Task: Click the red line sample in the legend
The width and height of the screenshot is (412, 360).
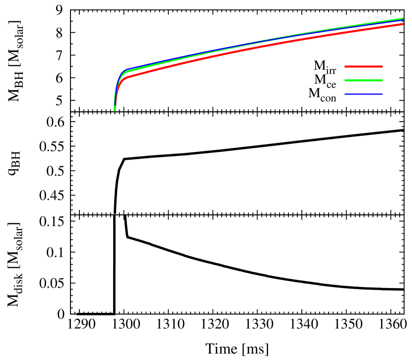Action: (x=363, y=66)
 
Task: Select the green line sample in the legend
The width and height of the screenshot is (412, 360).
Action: (x=363, y=80)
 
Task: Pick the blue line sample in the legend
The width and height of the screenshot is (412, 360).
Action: (x=363, y=94)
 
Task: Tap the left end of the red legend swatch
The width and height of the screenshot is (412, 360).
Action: (x=345, y=66)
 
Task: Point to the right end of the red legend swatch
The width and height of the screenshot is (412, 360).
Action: (x=382, y=66)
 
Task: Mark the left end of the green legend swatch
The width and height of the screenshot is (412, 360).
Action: (x=345, y=80)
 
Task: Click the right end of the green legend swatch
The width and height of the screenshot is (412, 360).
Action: (x=382, y=80)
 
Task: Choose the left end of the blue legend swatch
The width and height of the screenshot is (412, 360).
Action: (x=345, y=94)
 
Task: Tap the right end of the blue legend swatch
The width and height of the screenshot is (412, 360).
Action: (x=382, y=94)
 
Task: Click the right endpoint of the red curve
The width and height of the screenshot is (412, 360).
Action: (x=403, y=24)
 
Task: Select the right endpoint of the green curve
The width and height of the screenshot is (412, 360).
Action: (x=403, y=19)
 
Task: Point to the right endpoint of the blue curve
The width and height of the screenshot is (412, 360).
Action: (x=403, y=21)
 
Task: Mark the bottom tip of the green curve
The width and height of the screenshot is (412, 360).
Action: (x=115, y=110)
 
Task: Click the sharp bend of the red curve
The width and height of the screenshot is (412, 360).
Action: (x=123, y=79)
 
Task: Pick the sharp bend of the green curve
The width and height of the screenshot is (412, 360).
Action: (x=123, y=74)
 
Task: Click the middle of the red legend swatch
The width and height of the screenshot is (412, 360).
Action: (x=363, y=66)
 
